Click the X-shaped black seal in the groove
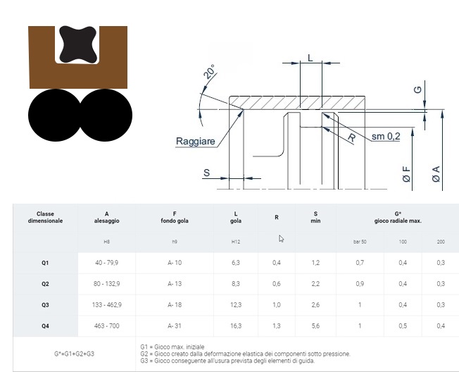click(77, 44)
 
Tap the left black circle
click(54, 115)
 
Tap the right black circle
click(106, 115)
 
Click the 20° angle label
click(209, 72)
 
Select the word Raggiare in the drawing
click(195, 141)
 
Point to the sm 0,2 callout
click(386, 136)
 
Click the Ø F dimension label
click(406, 174)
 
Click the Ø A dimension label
click(436, 174)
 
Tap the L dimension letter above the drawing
click(310, 58)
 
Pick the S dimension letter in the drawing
click(207, 173)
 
